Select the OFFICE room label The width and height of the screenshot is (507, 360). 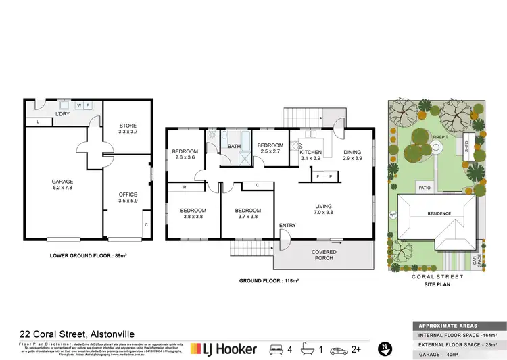click(x=128, y=197)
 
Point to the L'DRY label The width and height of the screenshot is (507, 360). click(x=64, y=113)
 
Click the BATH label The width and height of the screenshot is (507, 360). click(x=234, y=147)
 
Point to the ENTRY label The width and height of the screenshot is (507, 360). click(x=287, y=225)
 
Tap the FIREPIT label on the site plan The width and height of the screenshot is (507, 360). click(x=441, y=136)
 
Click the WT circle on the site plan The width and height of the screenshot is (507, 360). click(x=392, y=216)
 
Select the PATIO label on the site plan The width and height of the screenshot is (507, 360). click(x=425, y=188)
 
